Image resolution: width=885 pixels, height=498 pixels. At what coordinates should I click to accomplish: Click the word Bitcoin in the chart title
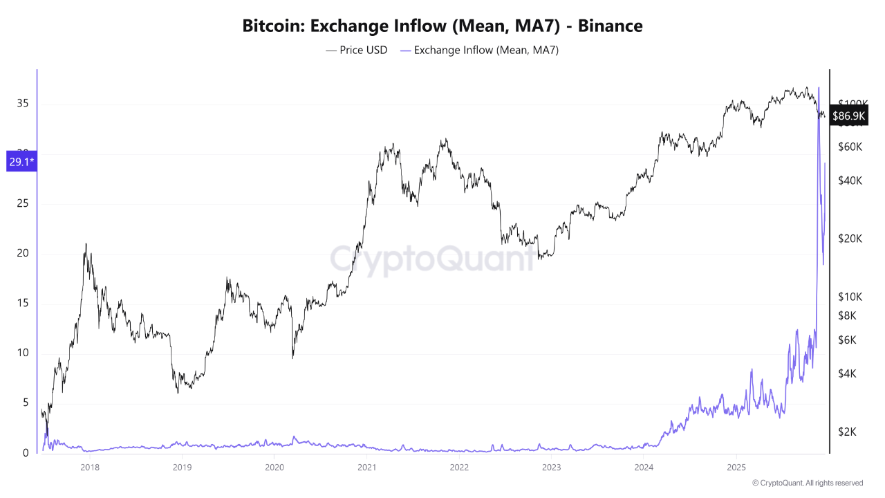tap(273, 26)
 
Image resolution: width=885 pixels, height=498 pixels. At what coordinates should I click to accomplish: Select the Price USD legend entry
tap(357, 50)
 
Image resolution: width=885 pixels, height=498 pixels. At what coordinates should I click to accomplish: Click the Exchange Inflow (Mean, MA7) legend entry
tap(479, 50)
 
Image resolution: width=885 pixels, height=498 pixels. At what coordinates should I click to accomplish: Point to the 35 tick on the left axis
tap(22, 104)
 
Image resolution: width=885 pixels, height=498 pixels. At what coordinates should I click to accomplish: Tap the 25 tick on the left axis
tap(22, 204)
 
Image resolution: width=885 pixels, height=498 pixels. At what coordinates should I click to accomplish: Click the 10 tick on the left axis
tap(22, 353)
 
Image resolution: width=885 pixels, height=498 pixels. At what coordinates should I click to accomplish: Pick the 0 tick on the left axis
tap(26, 453)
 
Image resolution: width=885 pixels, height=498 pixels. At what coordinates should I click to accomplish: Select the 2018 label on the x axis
tap(89, 467)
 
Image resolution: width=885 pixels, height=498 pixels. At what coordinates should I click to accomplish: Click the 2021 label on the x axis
tap(366, 467)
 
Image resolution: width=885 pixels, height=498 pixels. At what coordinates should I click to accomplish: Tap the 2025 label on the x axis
tap(736, 467)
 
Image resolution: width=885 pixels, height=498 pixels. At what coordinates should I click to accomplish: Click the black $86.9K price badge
tap(848, 116)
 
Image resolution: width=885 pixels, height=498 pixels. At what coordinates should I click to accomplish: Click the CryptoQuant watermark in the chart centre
tap(432, 259)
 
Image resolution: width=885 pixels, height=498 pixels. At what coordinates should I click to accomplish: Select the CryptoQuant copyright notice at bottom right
tap(807, 483)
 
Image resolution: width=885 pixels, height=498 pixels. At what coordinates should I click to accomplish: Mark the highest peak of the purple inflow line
tap(819, 87)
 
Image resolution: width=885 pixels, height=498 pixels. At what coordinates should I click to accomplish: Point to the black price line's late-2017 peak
tap(85, 243)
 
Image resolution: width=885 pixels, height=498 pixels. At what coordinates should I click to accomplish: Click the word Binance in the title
tap(610, 26)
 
